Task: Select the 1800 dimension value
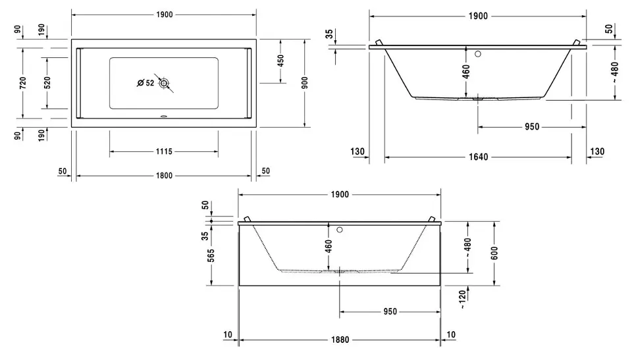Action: pos(164,176)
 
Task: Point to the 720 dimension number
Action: pos(23,82)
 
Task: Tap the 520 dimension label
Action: pos(48,82)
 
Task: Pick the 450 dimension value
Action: pos(281,61)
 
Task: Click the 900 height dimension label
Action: pos(305,82)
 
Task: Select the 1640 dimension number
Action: pos(478,157)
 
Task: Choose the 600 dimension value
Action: pos(494,253)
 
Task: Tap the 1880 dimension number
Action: pos(339,340)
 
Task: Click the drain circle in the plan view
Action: pos(164,83)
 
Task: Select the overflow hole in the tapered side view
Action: pos(479,54)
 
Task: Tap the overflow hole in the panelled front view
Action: pos(340,230)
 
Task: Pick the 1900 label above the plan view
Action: pos(163,14)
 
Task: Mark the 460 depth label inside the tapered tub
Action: pos(466,71)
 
